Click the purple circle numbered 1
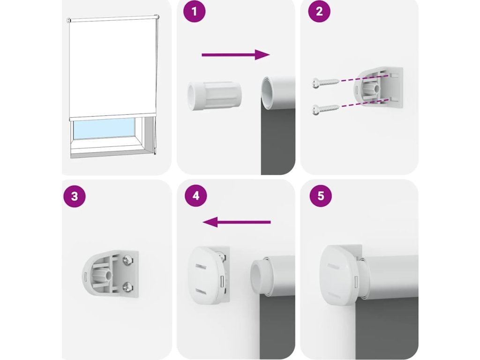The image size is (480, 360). pyautogui.click(x=194, y=11)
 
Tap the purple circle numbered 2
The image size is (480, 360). pyautogui.click(x=319, y=11)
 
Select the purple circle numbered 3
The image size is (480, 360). pyautogui.click(x=75, y=196)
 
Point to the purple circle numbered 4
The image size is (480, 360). pyautogui.click(x=196, y=195)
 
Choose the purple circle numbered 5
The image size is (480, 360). pyautogui.click(x=321, y=195)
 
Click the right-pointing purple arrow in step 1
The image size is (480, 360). pyautogui.click(x=236, y=55)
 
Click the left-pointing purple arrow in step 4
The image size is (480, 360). pyautogui.click(x=237, y=222)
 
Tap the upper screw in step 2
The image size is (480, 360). pyautogui.click(x=326, y=82)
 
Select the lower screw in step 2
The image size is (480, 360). pyautogui.click(x=326, y=109)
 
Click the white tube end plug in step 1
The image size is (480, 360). pyautogui.click(x=214, y=96)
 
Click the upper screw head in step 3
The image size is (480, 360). pyautogui.click(x=127, y=260)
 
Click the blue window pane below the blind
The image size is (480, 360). pyautogui.click(x=104, y=128)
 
